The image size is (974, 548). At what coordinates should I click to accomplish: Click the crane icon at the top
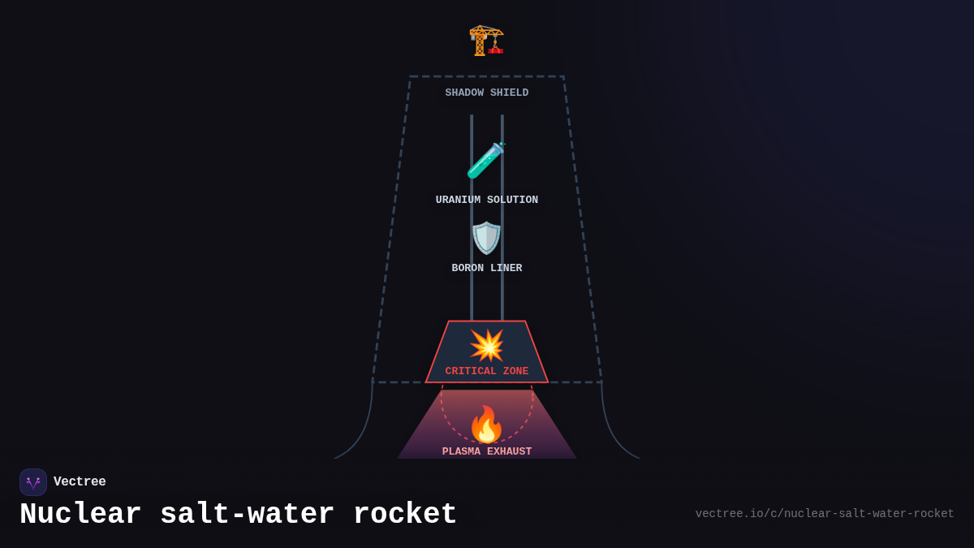coord(486,40)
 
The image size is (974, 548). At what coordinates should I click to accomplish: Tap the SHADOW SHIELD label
coord(486,93)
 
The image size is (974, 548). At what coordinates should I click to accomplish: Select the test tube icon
coord(486,160)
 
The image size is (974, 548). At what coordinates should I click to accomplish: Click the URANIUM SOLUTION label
coord(486,201)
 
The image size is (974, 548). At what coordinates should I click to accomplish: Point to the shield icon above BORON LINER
coord(486,238)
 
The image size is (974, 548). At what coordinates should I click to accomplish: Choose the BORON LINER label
coord(486,269)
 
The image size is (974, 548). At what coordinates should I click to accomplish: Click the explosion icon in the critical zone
coord(486,345)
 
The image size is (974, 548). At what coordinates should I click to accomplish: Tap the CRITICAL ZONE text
coord(486,372)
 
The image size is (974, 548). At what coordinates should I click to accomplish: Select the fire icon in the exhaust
coord(486,424)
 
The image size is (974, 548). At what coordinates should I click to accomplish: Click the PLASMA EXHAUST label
coord(486,452)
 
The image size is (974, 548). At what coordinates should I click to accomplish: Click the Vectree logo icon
coord(33,482)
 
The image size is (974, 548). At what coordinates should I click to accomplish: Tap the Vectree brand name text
coord(80,482)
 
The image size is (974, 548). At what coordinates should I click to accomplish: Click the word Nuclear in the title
coord(80,515)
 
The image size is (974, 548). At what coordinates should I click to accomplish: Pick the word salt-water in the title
coord(247,515)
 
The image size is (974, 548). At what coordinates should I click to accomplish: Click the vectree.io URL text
coord(825,514)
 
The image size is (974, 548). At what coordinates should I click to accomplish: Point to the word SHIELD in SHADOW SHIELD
coord(509,93)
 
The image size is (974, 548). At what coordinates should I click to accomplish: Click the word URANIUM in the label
coord(458,201)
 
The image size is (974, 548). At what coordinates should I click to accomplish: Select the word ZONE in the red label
coord(515,372)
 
